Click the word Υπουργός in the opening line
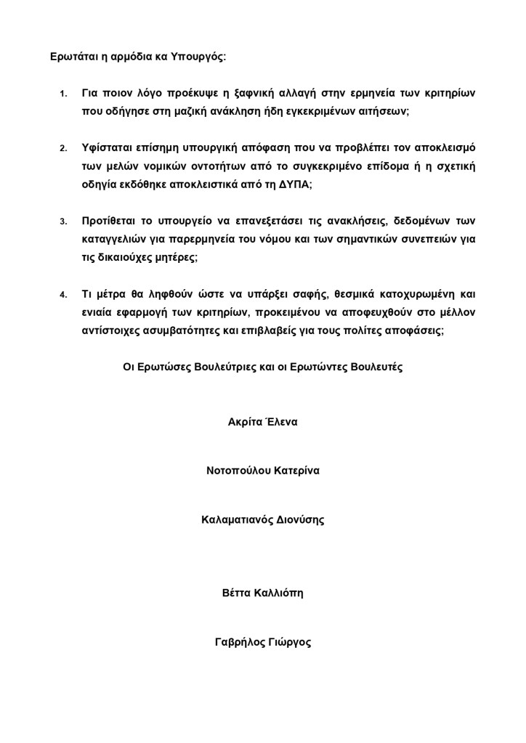198,56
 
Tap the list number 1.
63,94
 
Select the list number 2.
63,149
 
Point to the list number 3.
63,222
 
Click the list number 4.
63,294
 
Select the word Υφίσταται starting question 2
108,148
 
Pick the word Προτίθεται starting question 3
110,221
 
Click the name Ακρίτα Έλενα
262,421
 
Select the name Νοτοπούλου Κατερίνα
263,471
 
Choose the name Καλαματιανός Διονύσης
262,520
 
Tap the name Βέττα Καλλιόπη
262,593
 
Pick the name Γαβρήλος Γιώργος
263,643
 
